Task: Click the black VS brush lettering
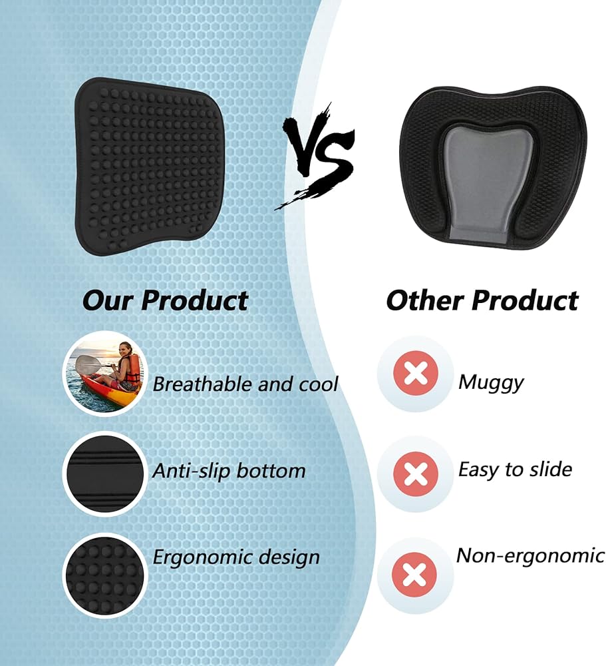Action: point(318,157)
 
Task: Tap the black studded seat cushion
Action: point(150,166)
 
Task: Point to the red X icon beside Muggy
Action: point(416,374)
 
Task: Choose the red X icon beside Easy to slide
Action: point(416,474)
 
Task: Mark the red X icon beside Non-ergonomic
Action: point(414,575)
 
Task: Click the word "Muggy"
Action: point(491,383)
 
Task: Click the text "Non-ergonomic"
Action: point(530,555)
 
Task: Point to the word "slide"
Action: point(551,469)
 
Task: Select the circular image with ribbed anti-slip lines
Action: point(105,474)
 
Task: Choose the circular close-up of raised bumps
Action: point(105,575)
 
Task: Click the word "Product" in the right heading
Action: point(525,300)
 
